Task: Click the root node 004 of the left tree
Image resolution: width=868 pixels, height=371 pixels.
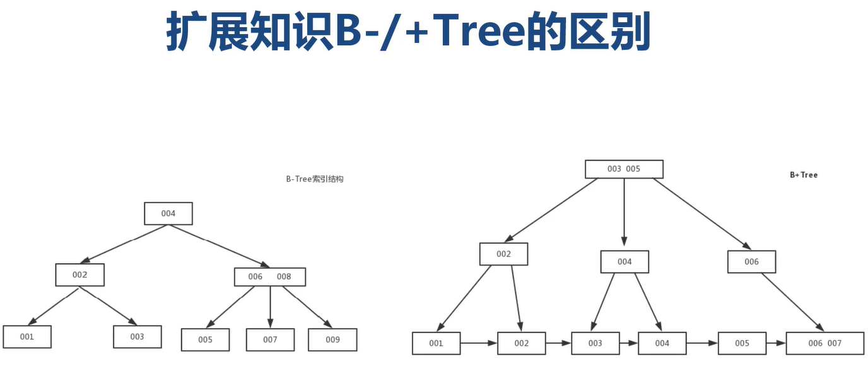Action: (x=168, y=213)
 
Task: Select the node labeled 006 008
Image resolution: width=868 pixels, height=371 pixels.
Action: (x=270, y=277)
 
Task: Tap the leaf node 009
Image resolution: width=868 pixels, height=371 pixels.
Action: (x=332, y=339)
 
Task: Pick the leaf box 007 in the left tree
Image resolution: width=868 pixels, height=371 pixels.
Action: (x=270, y=339)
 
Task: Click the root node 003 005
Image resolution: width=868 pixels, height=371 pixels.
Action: (x=624, y=169)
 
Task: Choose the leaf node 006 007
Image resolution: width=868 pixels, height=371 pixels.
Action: (x=824, y=343)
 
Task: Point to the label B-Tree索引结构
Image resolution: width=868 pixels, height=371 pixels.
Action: (x=314, y=179)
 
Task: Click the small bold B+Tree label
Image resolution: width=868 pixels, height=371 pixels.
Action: (x=803, y=175)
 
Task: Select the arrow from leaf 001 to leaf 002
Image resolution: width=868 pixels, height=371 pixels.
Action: (x=479, y=343)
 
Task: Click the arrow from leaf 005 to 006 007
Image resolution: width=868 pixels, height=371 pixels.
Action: (x=775, y=343)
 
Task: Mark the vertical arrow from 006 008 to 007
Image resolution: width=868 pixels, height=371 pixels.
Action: (x=270, y=307)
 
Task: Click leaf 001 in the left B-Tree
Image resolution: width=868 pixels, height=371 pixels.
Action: (x=27, y=337)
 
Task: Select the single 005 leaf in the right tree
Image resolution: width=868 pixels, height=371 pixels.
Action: (x=742, y=343)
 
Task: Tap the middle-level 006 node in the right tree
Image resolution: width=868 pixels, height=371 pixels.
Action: (x=751, y=262)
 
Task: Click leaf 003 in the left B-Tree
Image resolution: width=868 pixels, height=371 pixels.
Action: (x=137, y=337)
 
